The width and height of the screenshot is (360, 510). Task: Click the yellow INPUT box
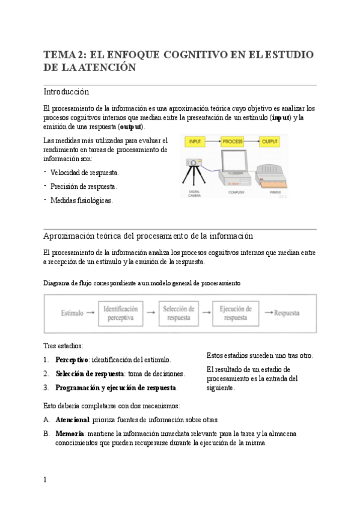point(195,142)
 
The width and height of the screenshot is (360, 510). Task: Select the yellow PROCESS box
point(232,142)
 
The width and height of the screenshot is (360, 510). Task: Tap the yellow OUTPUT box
point(269,142)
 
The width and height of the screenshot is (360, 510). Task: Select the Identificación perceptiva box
point(120,313)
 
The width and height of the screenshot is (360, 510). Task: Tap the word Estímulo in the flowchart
point(72,313)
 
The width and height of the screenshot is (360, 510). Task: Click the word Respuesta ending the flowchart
point(287,313)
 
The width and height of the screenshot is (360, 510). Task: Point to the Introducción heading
point(66,92)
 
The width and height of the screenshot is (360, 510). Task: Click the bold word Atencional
point(72,419)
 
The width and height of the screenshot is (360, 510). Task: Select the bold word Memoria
point(69,433)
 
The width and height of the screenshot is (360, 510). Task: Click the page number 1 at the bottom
point(45,480)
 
